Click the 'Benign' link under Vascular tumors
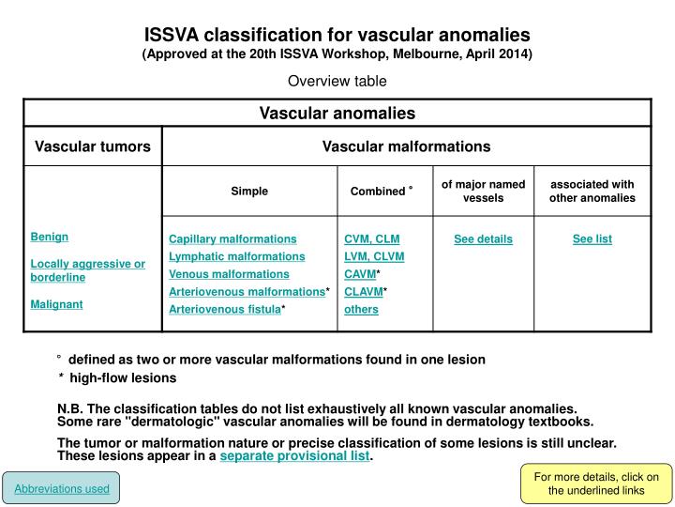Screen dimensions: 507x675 coord(50,237)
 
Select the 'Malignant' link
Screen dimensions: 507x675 coord(56,304)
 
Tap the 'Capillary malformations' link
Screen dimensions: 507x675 coord(232,239)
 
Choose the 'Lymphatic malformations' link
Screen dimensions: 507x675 coord(236,256)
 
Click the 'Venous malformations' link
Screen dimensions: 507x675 coord(229,274)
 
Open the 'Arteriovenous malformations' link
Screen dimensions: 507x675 coord(247,292)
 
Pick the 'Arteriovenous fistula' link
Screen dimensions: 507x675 coord(224,309)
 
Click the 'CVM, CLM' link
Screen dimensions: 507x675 coord(371,239)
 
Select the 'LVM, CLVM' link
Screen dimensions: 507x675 coord(374,256)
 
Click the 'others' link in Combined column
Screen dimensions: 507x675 coord(361,309)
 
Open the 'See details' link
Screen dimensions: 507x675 coord(483,239)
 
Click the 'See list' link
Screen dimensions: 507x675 coord(592,239)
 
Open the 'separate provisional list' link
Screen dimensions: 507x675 coord(295,457)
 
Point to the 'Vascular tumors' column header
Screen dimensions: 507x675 coord(93,146)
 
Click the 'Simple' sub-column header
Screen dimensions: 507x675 coord(249,191)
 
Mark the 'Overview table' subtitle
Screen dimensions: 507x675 coord(337,81)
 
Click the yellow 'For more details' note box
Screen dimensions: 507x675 coord(596,484)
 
